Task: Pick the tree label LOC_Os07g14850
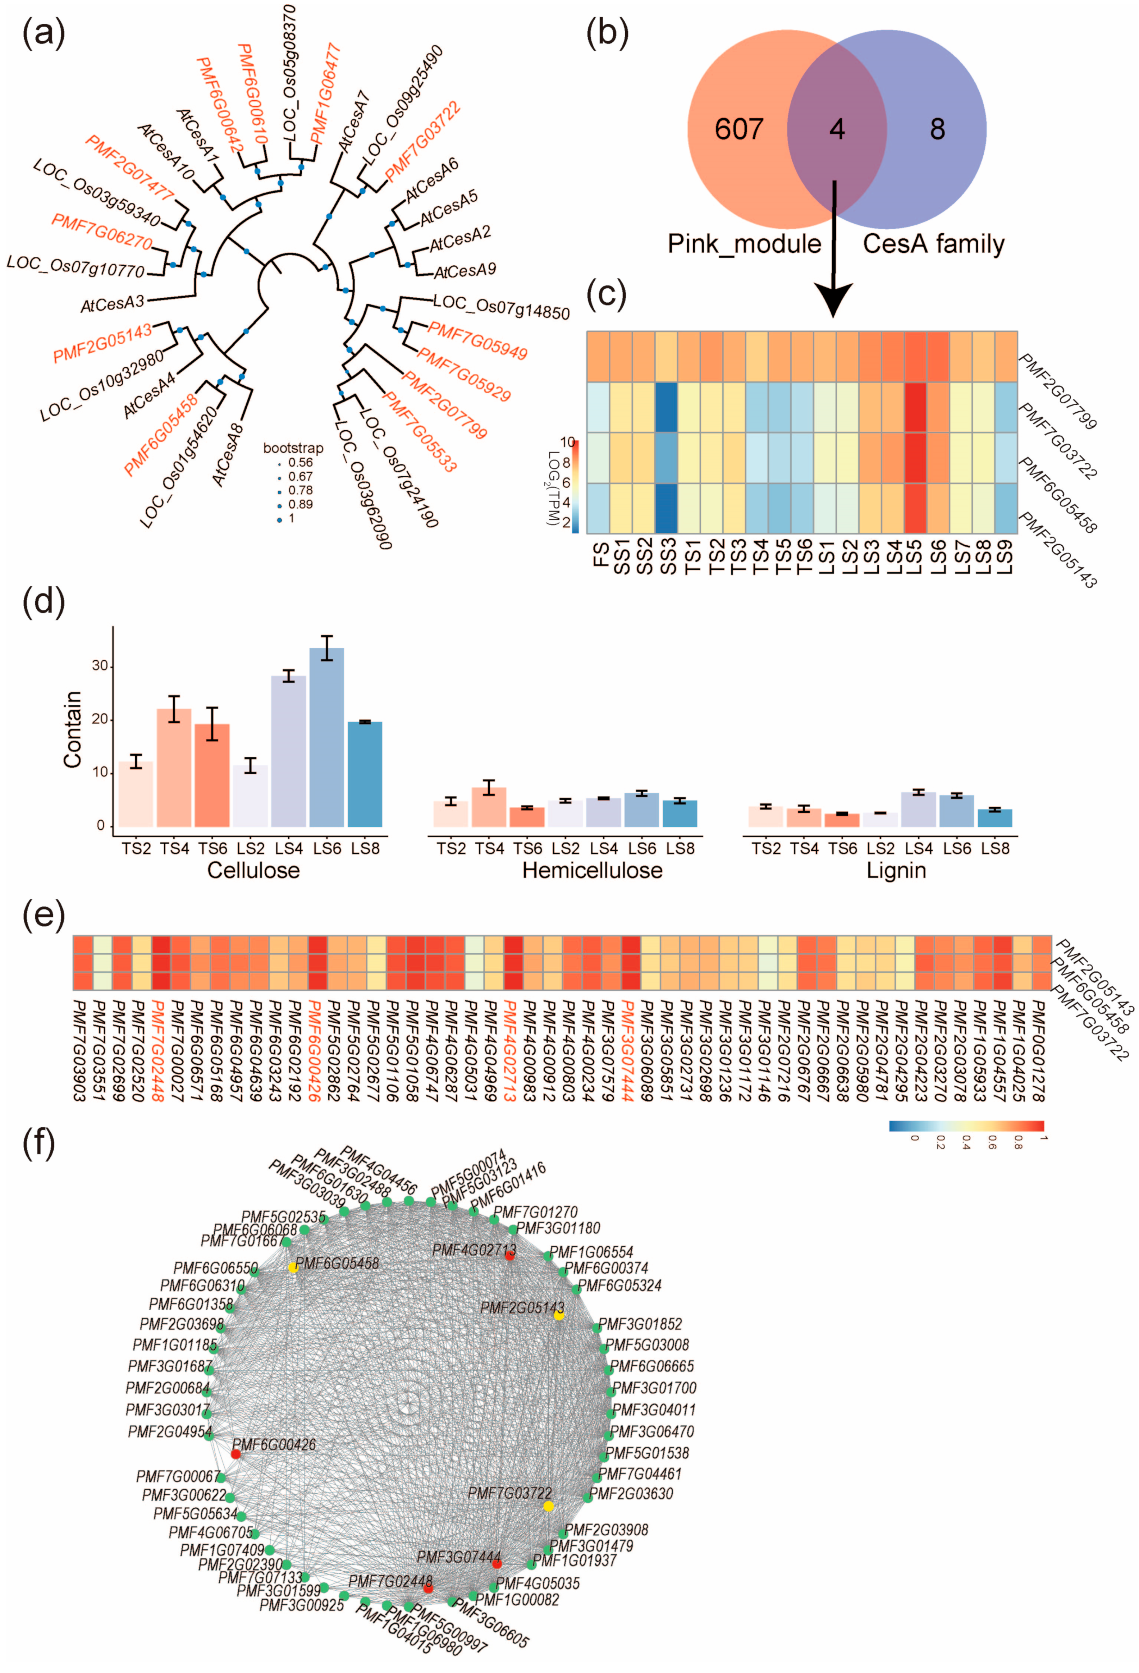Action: [501, 307]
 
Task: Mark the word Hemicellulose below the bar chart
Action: [592, 870]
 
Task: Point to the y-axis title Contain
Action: [72, 729]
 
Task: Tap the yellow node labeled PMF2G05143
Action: [559, 1315]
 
